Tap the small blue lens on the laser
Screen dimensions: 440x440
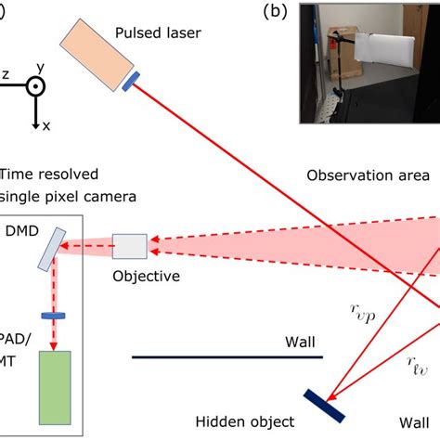pos(131,83)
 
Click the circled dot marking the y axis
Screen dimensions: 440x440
pos(34,85)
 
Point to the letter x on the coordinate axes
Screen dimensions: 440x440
pos(44,125)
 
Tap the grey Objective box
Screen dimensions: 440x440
pos(129,247)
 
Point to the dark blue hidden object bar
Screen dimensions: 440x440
pos(325,405)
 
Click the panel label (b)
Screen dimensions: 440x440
pos(276,12)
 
